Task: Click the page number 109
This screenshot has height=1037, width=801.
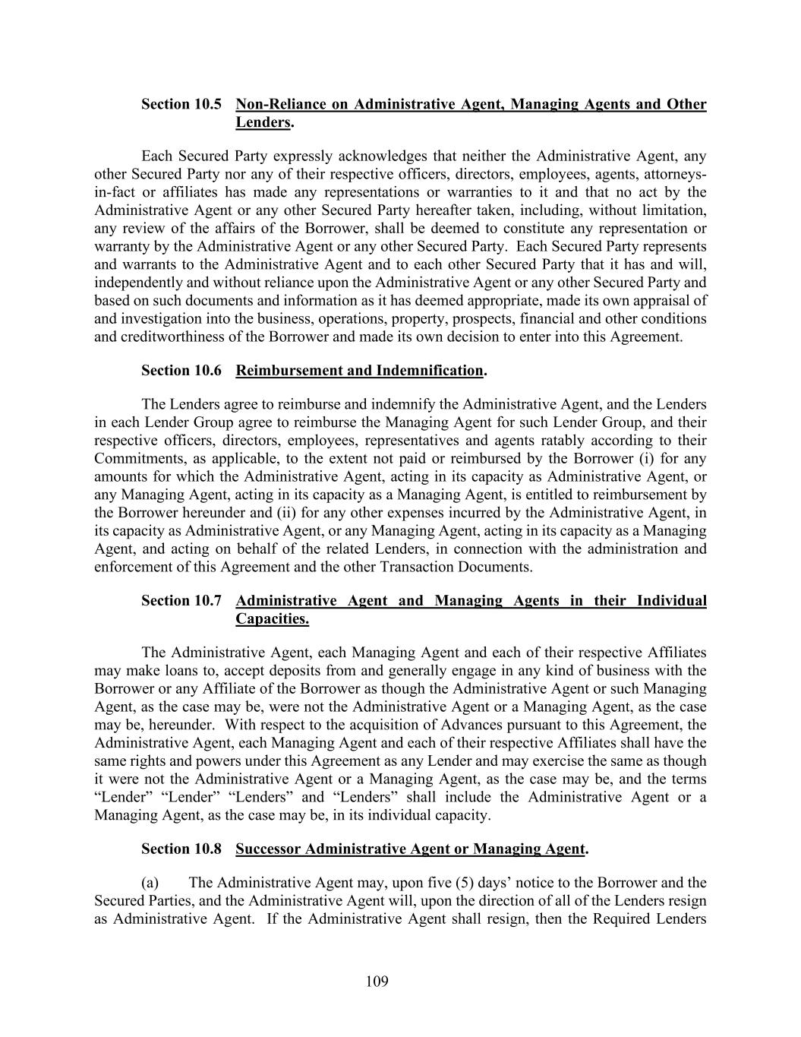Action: [x=377, y=982]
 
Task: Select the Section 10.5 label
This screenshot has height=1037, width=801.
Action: [x=181, y=104]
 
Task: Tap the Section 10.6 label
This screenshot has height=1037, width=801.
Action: [x=181, y=371]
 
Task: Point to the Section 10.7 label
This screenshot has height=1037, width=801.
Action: [x=181, y=601]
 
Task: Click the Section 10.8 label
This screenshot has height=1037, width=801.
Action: [x=181, y=849]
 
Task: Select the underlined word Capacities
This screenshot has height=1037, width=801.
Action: [x=272, y=619]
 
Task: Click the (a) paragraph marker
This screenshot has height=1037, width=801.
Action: [x=150, y=883]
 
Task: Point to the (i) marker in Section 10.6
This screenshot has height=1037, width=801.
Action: [x=648, y=459]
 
